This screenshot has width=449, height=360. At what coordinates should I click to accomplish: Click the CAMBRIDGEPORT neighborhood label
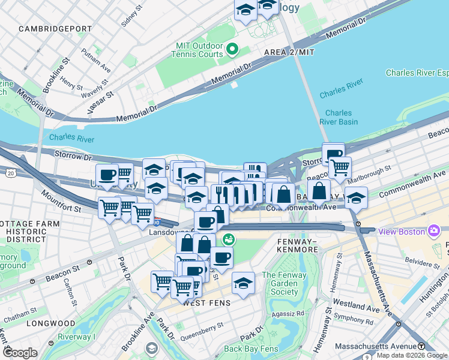(55, 29)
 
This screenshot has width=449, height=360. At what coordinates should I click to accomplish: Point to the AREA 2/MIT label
(290, 53)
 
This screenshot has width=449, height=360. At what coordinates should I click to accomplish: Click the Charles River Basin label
(342, 118)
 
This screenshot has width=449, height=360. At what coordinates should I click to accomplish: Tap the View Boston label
(401, 231)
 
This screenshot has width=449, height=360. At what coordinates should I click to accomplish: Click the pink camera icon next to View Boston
(433, 231)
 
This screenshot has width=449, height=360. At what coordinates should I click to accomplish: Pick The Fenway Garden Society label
(280, 284)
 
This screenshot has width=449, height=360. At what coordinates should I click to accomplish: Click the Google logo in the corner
(20, 353)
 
